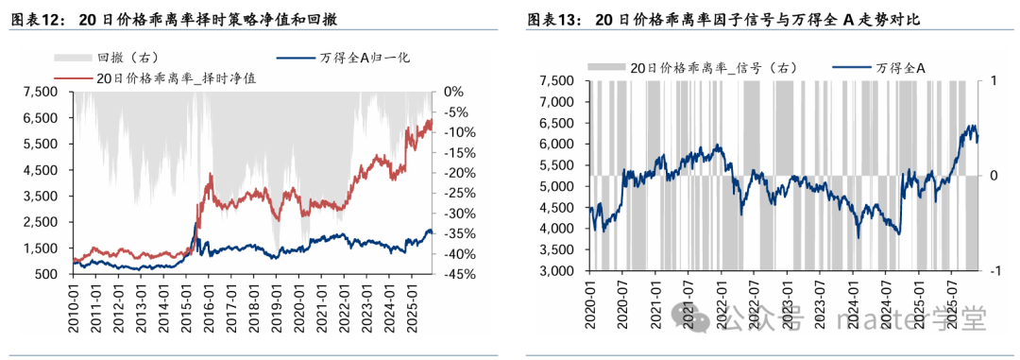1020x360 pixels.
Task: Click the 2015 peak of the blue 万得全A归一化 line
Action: coord(196,223)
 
